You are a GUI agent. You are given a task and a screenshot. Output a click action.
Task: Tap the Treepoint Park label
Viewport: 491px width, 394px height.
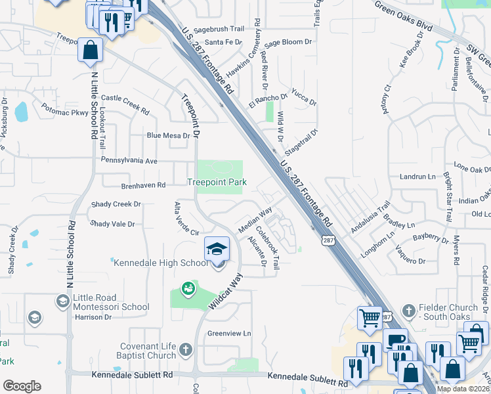coord(217,182)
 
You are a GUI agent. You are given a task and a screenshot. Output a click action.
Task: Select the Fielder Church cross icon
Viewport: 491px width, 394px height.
coord(408,309)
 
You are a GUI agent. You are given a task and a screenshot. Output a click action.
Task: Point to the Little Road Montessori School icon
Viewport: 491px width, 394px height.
coord(63,301)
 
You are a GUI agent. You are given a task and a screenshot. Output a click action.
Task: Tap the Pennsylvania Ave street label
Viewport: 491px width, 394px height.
coord(129,160)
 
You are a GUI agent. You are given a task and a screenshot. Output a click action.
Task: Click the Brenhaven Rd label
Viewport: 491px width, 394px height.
coord(142,186)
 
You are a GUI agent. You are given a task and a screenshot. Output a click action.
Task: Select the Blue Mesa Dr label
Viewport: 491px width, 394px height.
coord(168,136)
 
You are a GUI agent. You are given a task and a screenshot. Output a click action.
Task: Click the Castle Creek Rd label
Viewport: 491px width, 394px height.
coord(125,101)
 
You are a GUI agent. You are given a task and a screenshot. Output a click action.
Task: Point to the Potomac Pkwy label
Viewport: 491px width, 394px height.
coord(64,109)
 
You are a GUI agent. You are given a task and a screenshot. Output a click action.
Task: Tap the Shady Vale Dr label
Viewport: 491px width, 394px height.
coord(112,224)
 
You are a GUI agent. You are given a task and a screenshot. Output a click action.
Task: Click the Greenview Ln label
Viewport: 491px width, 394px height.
coord(229,333)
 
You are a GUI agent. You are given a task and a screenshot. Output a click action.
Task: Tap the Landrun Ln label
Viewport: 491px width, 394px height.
coord(417,177)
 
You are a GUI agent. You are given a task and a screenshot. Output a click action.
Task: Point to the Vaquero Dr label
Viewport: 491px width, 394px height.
coord(410,254)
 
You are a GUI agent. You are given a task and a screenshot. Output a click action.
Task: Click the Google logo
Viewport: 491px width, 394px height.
coord(22,386)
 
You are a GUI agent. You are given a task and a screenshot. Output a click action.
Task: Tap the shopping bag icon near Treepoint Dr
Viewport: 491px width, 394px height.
coord(90,50)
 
